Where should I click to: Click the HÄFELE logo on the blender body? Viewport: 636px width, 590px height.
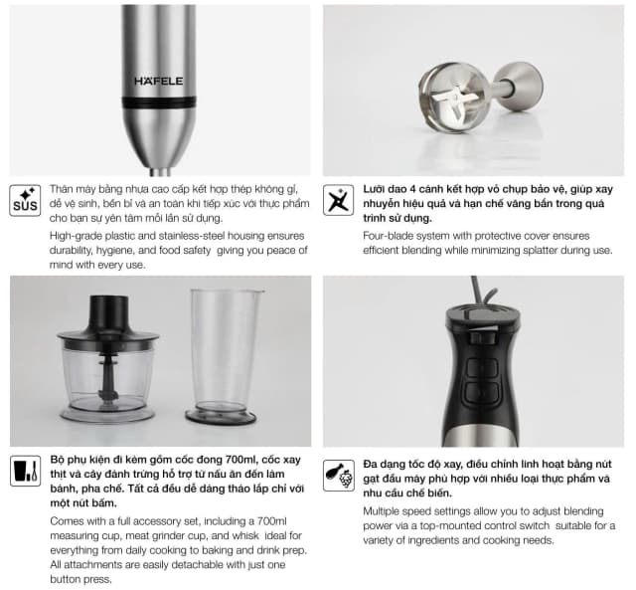159,82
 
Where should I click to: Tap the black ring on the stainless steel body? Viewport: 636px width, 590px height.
159,101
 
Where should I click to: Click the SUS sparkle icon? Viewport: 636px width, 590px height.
25,200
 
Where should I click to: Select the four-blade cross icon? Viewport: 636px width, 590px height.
338,200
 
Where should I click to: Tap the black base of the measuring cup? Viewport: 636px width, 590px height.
221,416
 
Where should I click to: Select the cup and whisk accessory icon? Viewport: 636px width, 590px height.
25,471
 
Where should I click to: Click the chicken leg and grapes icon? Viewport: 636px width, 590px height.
339,476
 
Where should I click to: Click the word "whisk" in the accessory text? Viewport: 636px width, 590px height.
245,535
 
